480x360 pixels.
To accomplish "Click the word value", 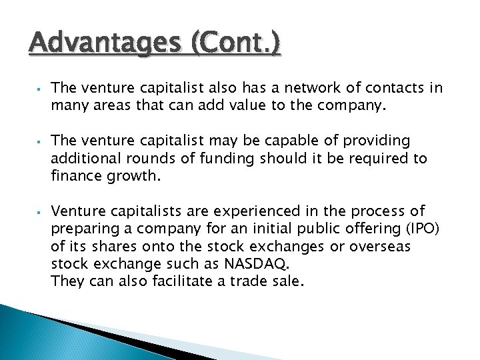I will pyautogui.click(x=254, y=105).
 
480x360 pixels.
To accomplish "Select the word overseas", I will pyautogui.click(x=382, y=247).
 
